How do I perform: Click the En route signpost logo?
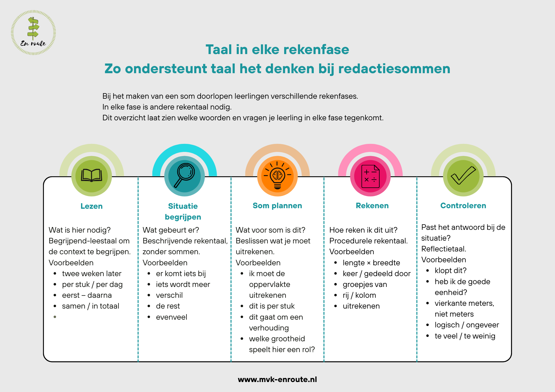(x=33, y=32)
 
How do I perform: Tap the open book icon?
(x=92, y=175)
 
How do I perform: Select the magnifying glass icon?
(x=184, y=176)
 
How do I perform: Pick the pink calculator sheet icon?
(x=370, y=176)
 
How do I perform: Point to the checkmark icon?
(x=463, y=175)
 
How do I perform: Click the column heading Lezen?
(x=92, y=206)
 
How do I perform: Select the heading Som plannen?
(x=277, y=206)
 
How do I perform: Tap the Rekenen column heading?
(x=372, y=206)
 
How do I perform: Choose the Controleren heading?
(x=463, y=206)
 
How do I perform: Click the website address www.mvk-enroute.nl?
(x=277, y=379)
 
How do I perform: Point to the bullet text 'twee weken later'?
(x=92, y=274)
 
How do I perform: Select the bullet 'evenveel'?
(x=171, y=317)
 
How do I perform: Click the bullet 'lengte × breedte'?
(x=371, y=263)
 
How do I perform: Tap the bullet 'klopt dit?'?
(x=451, y=271)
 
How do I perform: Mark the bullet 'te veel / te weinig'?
(x=465, y=336)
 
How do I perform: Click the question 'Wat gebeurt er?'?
(x=171, y=230)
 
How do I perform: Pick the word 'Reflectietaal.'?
(x=444, y=249)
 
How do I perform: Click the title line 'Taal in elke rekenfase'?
(x=277, y=50)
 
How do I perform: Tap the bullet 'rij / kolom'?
(x=359, y=296)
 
